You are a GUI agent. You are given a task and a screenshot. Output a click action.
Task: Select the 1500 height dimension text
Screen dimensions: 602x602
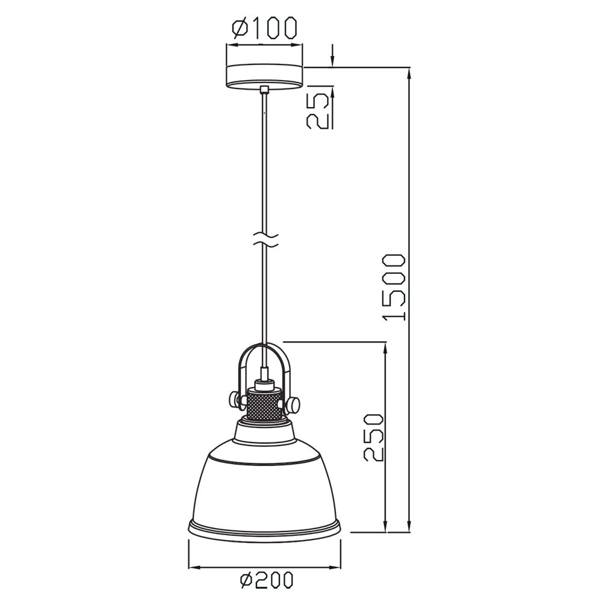(394, 287)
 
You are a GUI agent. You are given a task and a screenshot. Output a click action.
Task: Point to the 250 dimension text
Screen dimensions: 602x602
(373, 437)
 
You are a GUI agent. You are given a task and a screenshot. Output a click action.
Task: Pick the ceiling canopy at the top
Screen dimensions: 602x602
(264, 76)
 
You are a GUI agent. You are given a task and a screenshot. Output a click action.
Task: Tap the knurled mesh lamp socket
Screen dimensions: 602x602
(264, 403)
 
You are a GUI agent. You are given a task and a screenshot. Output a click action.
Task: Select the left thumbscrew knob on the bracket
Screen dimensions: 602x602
(235, 399)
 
